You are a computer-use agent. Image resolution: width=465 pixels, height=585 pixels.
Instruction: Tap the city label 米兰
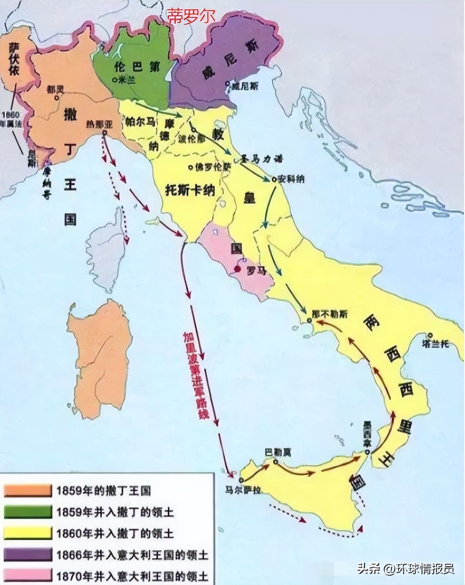(x=125, y=80)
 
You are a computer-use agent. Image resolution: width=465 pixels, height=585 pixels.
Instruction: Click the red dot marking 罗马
(x=237, y=269)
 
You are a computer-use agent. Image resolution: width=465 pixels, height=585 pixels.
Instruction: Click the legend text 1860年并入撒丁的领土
(x=115, y=533)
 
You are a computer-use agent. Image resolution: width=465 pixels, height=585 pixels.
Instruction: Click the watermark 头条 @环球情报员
(x=405, y=569)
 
